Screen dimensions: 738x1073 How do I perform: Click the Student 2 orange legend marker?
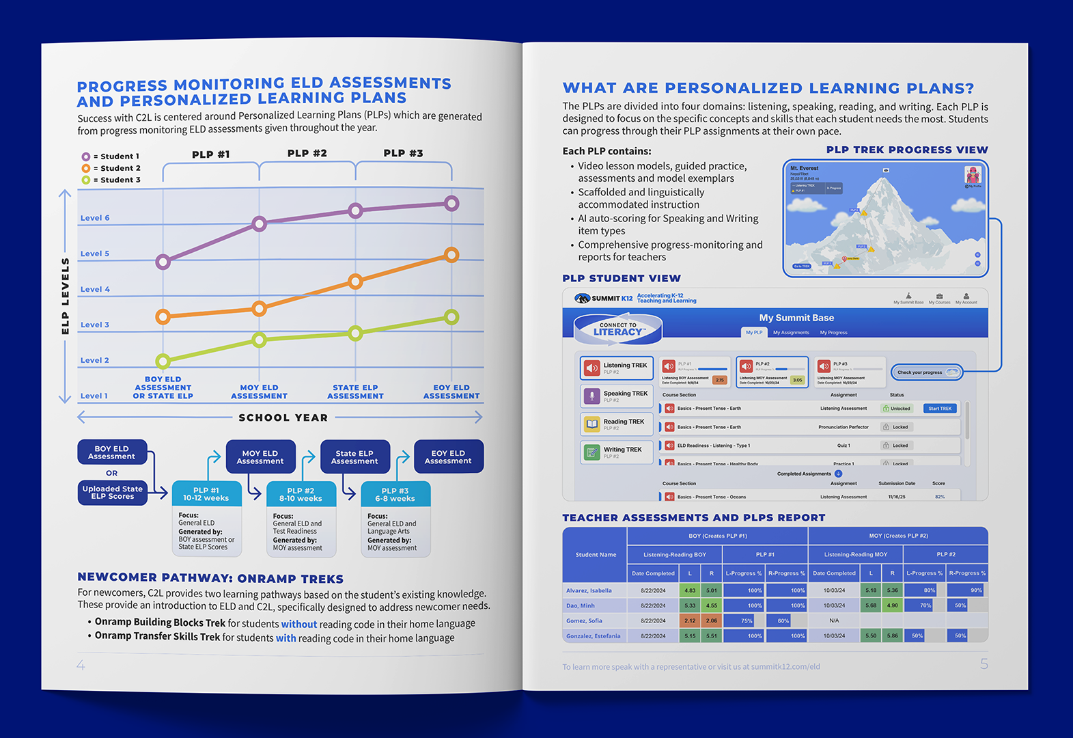tap(86, 168)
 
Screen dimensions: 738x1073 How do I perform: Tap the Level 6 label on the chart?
tap(95, 218)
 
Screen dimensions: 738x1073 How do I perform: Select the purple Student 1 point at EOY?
tap(451, 203)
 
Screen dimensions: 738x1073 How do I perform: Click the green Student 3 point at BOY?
tap(163, 361)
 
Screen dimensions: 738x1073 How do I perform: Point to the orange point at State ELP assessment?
tap(355, 281)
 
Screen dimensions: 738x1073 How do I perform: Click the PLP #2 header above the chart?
tap(307, 153)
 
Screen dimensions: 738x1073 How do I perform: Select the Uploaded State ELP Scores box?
tap(113, 493)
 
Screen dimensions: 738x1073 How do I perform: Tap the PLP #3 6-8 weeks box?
tap(395, 495)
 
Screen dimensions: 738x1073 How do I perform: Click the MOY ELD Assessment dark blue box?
tap(260, 457)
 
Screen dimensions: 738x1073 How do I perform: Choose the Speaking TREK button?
tap(617, 396)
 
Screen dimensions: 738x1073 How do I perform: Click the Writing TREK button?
tap(617, 452)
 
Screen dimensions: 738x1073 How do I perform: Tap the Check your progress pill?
tap(927, 372)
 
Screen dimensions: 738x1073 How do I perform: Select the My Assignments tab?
tap(791, 333)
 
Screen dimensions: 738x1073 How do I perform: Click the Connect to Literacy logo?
tap(618, 329)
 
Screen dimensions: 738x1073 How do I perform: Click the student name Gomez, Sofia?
tap(584, 621)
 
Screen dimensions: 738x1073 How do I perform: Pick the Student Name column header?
tap(596, 555)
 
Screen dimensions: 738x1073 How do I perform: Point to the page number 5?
tap(984, 664)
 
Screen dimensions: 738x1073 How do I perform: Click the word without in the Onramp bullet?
tap(299, 624)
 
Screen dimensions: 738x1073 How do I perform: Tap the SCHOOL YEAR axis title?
tap(283, 418)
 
